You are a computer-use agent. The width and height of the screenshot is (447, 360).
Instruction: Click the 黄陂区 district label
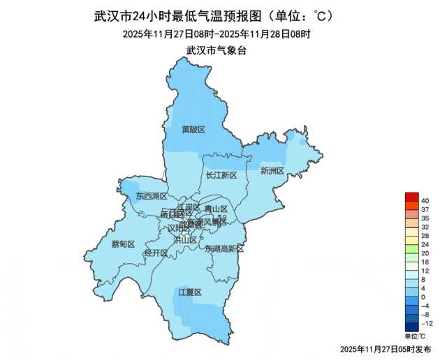pyautogui.click(x=193, y=130)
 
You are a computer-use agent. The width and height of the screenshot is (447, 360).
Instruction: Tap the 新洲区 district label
pyautogui.click(x=272, y=171)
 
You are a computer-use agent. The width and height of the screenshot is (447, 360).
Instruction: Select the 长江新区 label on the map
pyautogui.click(x=221, y=176)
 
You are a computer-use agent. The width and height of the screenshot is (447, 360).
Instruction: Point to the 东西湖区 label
pyautogui.click(x=152, y=197)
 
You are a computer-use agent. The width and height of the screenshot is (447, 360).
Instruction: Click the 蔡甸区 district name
pyautogui.click(x=123, y=244)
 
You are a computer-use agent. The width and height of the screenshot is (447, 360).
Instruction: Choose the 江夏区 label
pyautogui.click(x=189, y=292)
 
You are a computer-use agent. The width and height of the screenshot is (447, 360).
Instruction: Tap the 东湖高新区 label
pyautogui.click(x=224, y=249)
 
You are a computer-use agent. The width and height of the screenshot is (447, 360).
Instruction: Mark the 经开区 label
pyautogui.click(x=155, y=253)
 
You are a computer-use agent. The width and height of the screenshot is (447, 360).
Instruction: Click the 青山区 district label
pyautogui.click(x=217, y=209)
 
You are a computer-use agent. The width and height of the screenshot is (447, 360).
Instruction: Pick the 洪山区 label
pyautogui.click(x=185, y=239)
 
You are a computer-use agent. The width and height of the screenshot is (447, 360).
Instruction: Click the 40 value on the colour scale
pyautogui.click(x=425, y=201)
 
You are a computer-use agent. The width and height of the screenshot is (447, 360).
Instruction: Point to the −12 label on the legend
pyautogui.click(x=426, y=324)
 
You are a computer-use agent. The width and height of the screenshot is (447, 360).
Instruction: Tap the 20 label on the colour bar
pyautogui.click(x=425, y=253)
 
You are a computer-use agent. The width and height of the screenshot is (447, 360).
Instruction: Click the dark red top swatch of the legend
pyautogui.click(x=411, y=196)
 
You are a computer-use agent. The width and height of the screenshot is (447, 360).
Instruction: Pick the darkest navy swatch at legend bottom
pyautogui.click(x=411, y=327)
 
